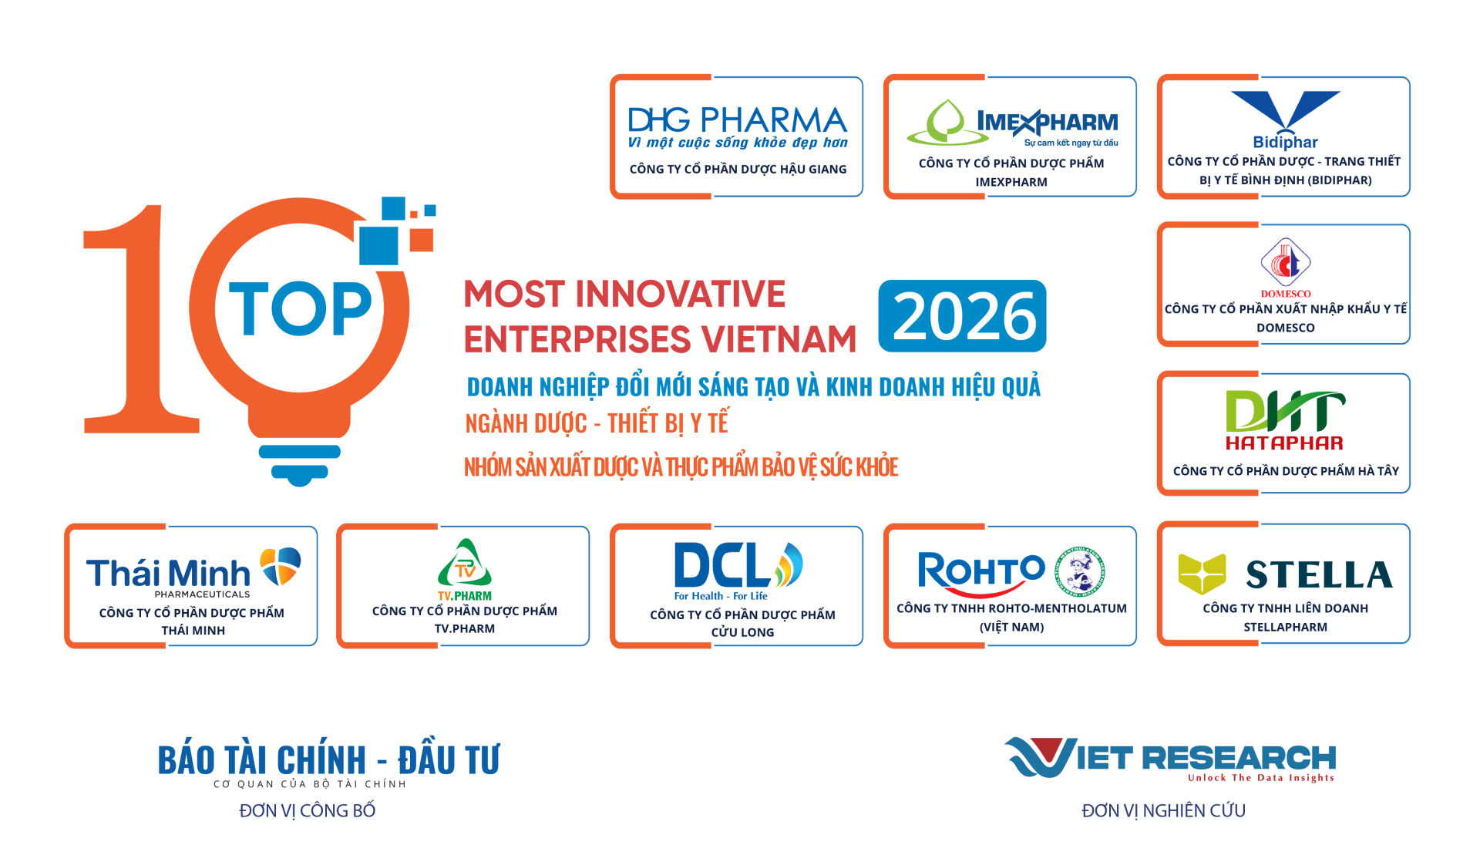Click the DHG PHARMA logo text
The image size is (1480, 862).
[x=738, y=120]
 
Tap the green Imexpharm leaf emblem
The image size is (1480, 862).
[x=947, y=123]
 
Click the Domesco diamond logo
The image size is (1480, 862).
[x=1285, y=263]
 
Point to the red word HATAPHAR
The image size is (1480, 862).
[x=1284, y=443]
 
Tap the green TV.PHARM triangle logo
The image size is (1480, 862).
[x=465, y=564]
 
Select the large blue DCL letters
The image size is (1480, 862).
[x=721, y=565]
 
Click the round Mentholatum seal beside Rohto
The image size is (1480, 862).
[x=1080, y=571]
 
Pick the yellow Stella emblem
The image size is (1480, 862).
[x=1202, y=574]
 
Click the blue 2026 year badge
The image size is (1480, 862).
[x=962, y=316]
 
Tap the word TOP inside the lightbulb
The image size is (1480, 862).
[x=301, y=308]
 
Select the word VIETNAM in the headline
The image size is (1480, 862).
[x=779, y=339]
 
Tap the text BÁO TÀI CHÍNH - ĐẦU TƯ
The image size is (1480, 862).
[x=328, y=760]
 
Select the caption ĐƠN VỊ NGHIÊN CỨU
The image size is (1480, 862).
[x=1163, y=810]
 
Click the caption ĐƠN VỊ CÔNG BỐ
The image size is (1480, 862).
[x=307, y=810]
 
